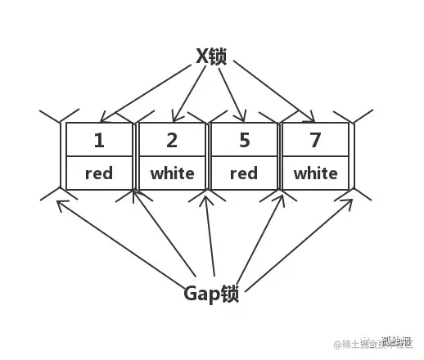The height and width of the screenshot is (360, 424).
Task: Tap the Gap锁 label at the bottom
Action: (x=211, y=293)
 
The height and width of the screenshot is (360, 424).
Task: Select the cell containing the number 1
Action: (x=99, y=140)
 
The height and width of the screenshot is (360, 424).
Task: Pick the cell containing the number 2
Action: (x=172, y=140)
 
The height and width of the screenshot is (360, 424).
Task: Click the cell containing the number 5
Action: (x=244, y=140)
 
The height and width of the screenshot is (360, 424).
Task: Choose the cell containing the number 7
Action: (x=316, y=140)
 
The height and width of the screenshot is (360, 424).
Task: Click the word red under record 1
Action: (x=99, y=173)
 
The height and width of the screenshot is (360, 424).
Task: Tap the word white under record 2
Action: (x=172, y=173)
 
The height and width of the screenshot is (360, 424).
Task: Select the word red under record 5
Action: (x=244, y=173)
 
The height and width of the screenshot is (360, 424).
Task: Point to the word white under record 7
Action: (x=316, y=173)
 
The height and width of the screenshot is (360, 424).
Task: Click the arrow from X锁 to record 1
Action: (x=151, y=90)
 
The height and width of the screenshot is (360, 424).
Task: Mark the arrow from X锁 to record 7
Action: (x=270, y=90)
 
